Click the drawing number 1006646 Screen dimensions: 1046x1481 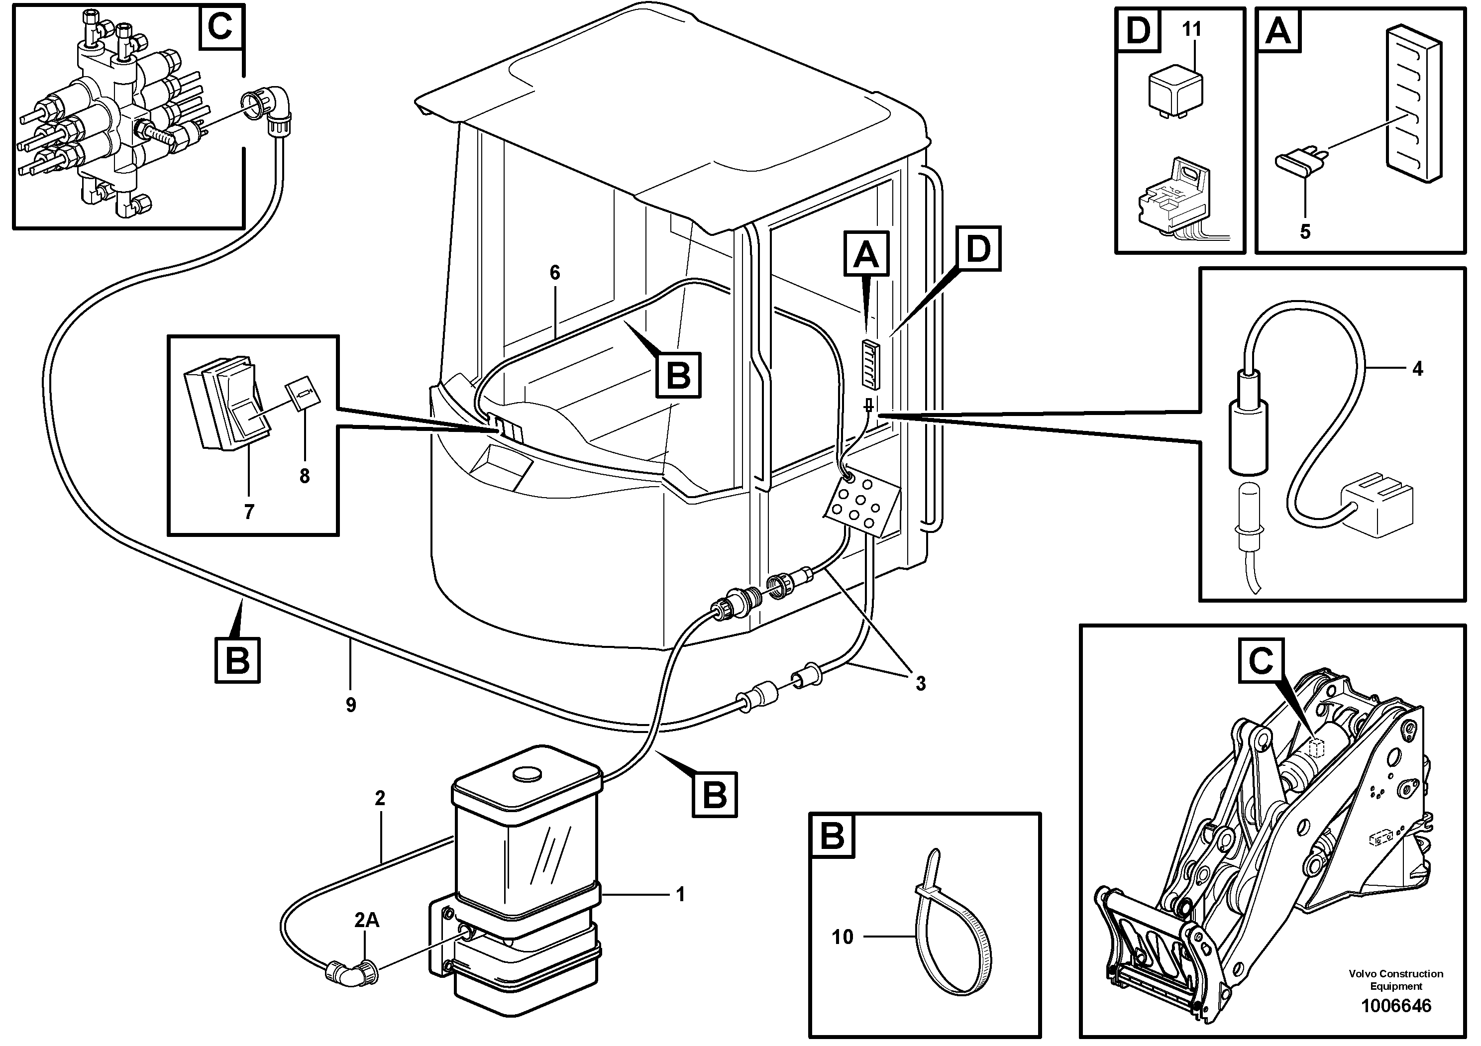[1395, 1005]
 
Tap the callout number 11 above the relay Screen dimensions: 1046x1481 [1192, 29]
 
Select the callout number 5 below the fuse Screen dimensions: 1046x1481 [1305, 231]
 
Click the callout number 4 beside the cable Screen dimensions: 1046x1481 [1417, 368]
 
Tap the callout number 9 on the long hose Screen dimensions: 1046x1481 [350, 705]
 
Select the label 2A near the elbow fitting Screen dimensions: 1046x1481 [366, 920]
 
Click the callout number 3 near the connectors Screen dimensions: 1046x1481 [921, 683]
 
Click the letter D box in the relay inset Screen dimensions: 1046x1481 [1138, 30]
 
